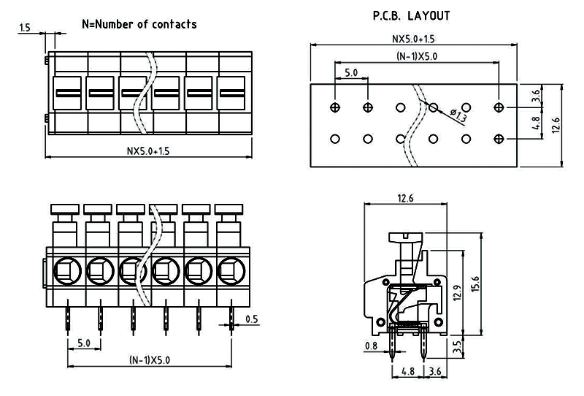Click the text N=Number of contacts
pos(138,24)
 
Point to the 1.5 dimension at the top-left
pos(25,28)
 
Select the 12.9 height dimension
pos(457,293)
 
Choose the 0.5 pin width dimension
pos(251,319)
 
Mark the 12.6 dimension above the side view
pos(405,198)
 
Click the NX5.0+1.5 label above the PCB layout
pos(414,39)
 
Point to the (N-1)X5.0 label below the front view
pos(150,359)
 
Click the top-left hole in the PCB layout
pos(335,108)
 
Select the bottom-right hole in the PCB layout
pos(499,138)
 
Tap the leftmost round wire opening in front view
pos(64,272)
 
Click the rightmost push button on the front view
pos(229,211)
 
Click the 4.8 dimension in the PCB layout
pos(536,123)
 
